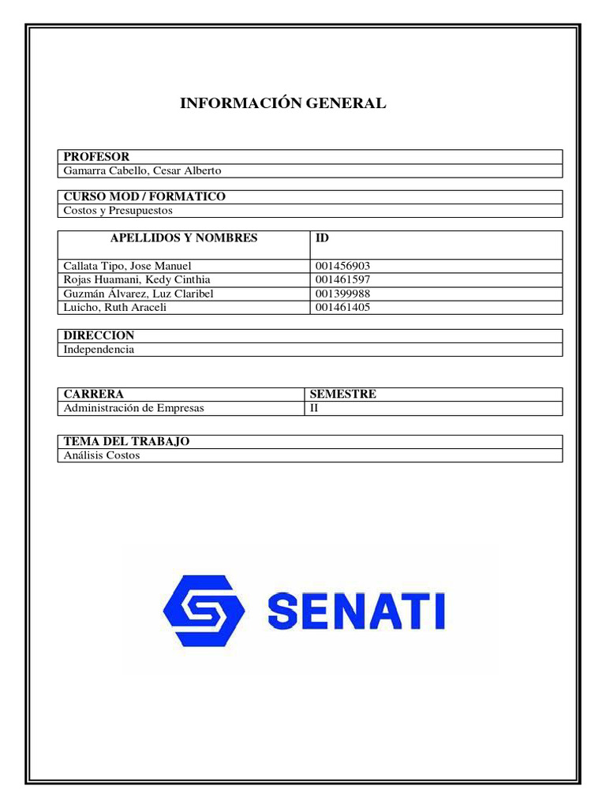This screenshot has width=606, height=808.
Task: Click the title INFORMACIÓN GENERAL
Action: pyautogui.click(x=283, y=103)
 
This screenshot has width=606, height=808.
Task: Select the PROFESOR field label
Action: pyautogui.click(x=96, y=157)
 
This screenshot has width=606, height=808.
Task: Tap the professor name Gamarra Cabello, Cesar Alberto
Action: pyautogui.click(x=142, y=170)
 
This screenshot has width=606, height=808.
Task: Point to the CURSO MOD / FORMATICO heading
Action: pyautogui.click(x=144, y=196)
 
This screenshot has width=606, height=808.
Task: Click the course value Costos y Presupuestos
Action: pyautogui.click(x=118, y=211)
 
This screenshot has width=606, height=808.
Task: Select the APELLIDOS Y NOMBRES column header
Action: pyautogui.click(x=184, y=238)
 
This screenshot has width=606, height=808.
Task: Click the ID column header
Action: pyautogui.click(x=322, y=238)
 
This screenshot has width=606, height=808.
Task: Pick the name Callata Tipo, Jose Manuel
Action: pyautogui.click(x=127, y=266)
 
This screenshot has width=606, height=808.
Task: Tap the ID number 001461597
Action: pyautogui.click(x=342, y=279)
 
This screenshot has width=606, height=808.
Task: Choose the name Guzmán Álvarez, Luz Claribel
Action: pyautogui.click(x=138, y=294)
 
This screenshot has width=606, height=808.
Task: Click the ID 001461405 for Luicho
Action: pyautogui.click(x=342, y=307)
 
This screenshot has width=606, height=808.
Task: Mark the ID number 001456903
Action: pyautogui.click(x=342, y=266)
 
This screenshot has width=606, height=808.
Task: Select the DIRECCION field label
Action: pyautogui.click(x=99, y=335)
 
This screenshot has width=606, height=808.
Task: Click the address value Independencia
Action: pyautogui.click(x=99, y=349)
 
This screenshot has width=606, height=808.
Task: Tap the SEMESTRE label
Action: pyautogui.click(x=343, y=394)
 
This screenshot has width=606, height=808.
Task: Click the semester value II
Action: pyautogui.click(x=313, y=408)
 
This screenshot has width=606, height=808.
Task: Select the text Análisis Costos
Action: pyautogui.click(x=102, y=455)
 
